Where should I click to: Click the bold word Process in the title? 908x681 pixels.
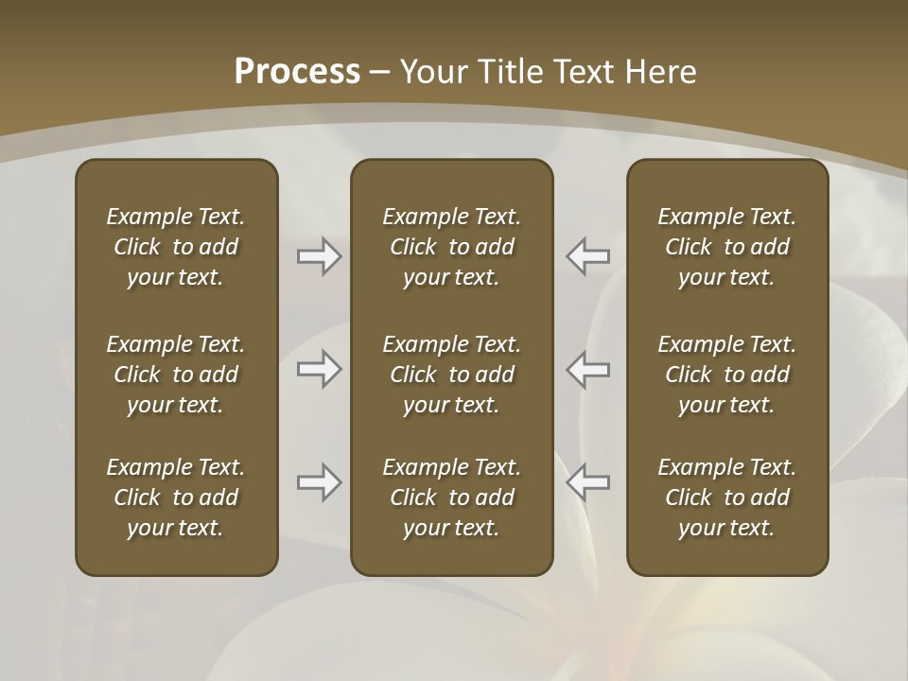297,72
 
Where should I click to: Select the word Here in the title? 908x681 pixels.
662,72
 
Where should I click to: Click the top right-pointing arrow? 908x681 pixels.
319,256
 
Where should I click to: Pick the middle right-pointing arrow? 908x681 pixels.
319,370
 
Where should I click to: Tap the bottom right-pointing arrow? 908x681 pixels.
319,483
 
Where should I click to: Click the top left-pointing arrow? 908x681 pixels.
588,256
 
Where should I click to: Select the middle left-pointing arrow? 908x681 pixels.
588,370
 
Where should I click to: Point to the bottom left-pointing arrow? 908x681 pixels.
588,483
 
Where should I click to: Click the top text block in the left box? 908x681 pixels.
176,247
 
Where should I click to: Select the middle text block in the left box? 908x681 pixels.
176,375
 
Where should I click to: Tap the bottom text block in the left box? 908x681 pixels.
176,498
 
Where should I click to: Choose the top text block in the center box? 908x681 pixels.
451,247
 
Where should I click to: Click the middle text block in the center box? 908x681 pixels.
451,375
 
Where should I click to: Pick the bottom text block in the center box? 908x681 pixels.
451,498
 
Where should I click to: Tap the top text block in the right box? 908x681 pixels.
727,247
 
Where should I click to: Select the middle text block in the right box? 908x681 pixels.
727,375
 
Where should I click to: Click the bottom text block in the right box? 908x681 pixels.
727,498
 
